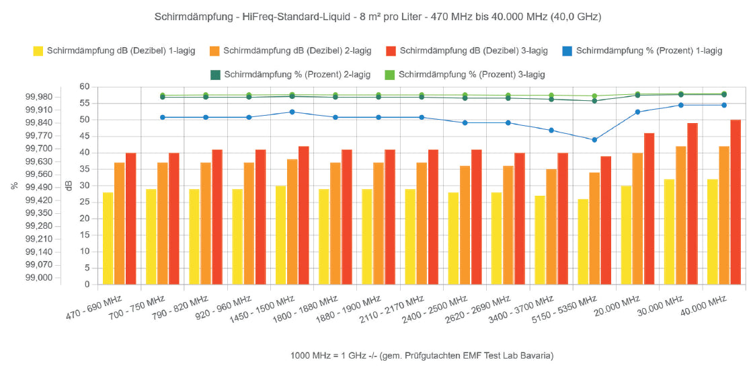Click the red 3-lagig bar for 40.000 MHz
point(736,202)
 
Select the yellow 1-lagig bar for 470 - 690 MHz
point(108,238)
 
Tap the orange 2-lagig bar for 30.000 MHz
point(680,215)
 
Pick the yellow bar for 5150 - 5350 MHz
point(583,241)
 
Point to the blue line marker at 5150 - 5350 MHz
point(594,140)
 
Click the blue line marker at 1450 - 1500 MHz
point(292,112)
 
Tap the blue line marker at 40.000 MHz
point(724,105)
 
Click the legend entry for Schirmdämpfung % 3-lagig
point(471,74)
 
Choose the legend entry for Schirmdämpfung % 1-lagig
point(649,50)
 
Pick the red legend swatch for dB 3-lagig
point(390,50)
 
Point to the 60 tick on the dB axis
point(85,87)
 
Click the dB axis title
point(68,186)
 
